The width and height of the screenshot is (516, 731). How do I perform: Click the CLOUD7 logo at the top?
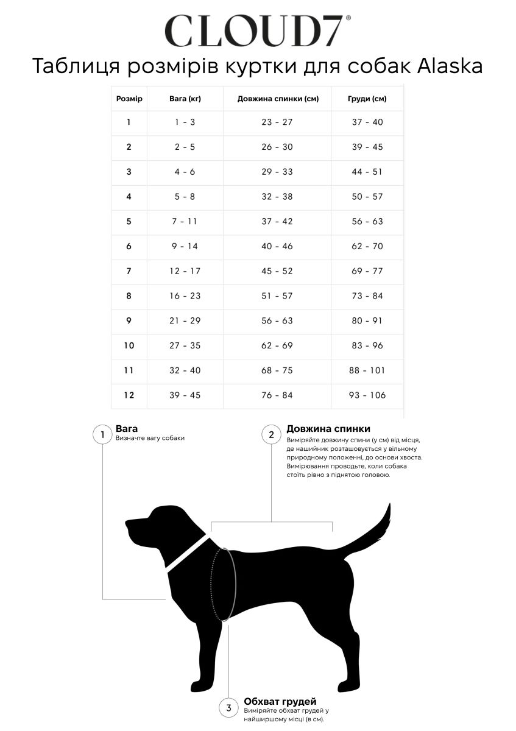pos(258,30)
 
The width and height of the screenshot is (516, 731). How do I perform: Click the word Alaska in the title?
pos(450,66)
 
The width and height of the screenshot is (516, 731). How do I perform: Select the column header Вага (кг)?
pos(185,99)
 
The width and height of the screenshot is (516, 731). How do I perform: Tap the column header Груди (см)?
pos(367,99)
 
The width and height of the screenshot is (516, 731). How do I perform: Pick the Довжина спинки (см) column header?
pos(278,99)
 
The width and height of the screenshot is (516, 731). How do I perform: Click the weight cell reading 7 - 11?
pos(185,221)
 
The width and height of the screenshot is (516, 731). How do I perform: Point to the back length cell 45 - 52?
pos(277,271)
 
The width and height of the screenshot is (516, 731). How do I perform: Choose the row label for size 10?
pos(129,345)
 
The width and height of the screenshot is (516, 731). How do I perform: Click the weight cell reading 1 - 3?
pos(185,122)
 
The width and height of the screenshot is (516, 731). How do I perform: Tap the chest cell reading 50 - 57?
pos(367,197)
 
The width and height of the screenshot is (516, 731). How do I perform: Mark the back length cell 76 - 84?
pos(277,395)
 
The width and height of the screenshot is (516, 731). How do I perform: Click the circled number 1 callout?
pos(102,435)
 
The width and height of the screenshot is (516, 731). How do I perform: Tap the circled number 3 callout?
pos(228,707)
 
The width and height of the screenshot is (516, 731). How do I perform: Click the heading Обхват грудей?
pos(280,701)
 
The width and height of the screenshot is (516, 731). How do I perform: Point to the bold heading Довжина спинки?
pos(328,429)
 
